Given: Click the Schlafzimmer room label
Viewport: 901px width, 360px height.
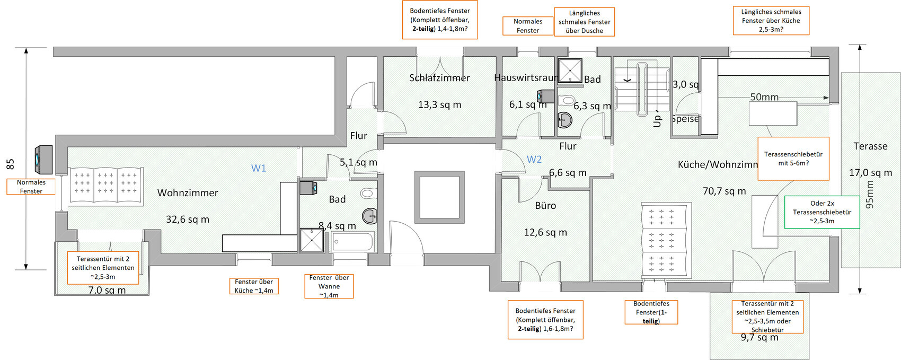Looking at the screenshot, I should click(x=439, y=78).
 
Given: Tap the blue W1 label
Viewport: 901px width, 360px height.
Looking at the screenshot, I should click(x=259, y=168).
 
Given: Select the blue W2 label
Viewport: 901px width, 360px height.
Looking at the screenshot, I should click(x=534, y=160).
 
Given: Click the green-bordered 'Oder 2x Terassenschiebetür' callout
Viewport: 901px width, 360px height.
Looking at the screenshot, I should click(x=821, y=212).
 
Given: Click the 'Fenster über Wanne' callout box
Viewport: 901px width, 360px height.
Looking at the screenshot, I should click(x=329, y=286).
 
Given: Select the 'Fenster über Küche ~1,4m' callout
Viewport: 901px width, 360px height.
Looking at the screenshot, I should click(x=254, y=286).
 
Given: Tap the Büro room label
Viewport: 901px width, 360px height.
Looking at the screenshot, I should click(x=545, y=206).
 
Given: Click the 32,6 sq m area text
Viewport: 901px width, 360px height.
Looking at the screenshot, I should click(x=188, y=219).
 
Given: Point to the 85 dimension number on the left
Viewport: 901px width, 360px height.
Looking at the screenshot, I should click(x=11, y=164).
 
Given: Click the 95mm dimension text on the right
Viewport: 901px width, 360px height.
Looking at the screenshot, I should click(x=870, y=194).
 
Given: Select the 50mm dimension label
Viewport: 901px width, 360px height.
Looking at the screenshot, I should click(x=764, y=97).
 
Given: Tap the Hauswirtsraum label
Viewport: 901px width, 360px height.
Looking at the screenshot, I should click(x=526, y=78).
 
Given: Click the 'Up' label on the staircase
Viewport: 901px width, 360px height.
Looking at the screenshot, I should click(x=657, y=121).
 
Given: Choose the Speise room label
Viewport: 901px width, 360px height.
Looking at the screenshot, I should click(x=685, y=119).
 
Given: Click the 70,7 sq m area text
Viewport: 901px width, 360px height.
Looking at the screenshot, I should click(x=724, y=191).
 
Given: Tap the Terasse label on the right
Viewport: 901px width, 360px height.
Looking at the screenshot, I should click(x=870, y=146).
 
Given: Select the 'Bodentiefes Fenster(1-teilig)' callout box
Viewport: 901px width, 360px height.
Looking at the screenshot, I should click(x=651, y=312).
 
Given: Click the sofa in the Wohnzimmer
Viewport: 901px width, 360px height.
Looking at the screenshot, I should click(x=105, y=186).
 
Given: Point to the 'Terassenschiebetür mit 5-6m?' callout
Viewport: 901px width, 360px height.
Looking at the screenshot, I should click(x=793, y=159).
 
